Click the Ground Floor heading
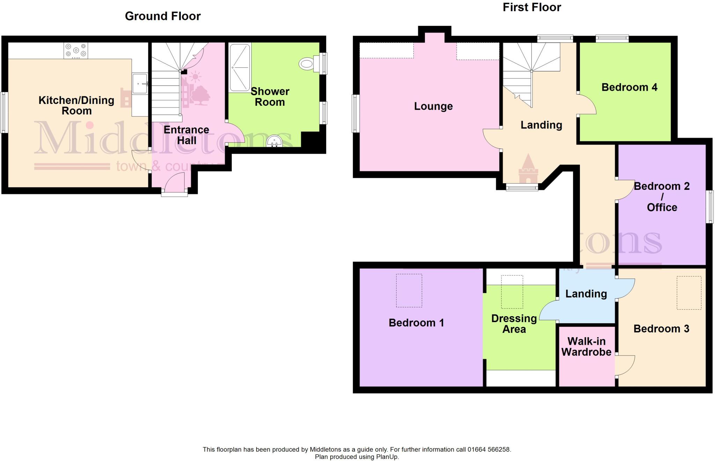coord(163,16)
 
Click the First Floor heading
coord(531,7)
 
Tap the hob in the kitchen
coord(76,51)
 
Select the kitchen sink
coord(140,83)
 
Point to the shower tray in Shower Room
coord(239,67)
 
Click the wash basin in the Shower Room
coord(274,142)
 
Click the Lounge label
coord(433,106)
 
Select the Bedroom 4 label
coord(629,87)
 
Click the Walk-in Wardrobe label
coord(586,347)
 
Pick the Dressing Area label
coord(514,324)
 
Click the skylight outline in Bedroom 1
coord(409,290)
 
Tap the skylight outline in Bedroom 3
coord(689,292)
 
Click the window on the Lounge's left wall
coord(355,113)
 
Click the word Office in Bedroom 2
coord(662,207)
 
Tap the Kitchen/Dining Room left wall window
coord(4,112)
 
